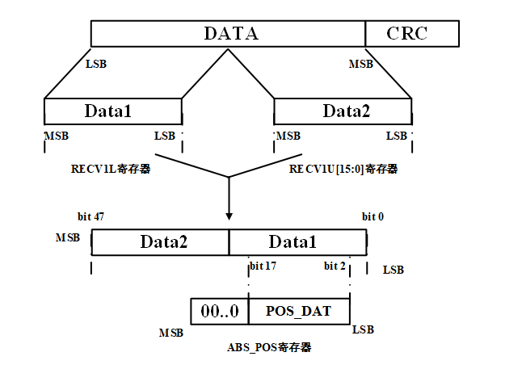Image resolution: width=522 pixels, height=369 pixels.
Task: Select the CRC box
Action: click(412, 34)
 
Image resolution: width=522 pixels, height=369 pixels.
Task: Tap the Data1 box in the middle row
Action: click(112, 111)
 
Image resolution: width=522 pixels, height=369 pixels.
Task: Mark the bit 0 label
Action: click(373, 218)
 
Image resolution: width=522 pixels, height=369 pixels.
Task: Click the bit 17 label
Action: click(263, 266)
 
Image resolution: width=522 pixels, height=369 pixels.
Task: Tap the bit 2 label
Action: click(335, 266)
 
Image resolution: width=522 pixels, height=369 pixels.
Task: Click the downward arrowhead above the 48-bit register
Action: click(229, 216)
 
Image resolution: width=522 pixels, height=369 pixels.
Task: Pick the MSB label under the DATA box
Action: click(360, 63)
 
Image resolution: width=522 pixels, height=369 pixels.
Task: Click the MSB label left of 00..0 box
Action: click(170, 333)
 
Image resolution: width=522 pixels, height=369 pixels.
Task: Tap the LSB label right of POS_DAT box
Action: click(363, 330)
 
